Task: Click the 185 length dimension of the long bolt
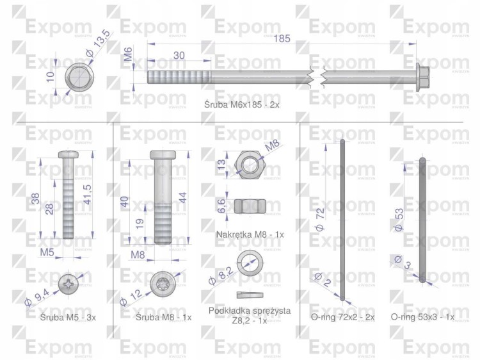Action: pos(282,38)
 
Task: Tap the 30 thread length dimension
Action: pos(179,56)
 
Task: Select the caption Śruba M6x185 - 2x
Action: pos(242,105)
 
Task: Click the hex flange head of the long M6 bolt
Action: pos(423,77)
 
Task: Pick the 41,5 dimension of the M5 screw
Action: pos(88,194)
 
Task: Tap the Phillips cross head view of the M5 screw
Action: pos(69,284)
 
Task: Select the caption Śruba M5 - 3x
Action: pos(68,318)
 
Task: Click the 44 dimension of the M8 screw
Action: pos(182,198)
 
